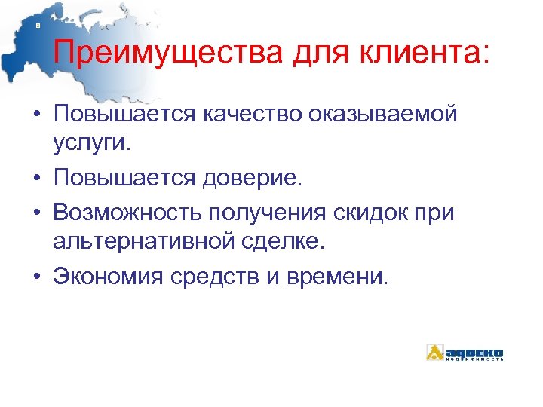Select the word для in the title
click(296, 54)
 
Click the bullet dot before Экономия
click(37, 277)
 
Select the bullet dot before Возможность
click(37, 213)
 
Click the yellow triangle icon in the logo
click(435, 352)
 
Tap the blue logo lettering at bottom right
click(474, 352)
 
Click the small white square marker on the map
click(38, 25)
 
